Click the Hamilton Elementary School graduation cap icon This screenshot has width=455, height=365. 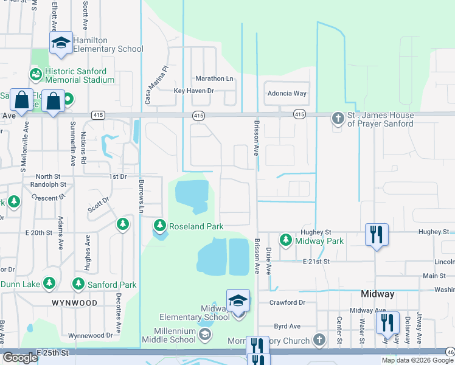pyautogui.click(x=61, y=42)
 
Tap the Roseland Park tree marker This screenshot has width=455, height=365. pyautogui.click(x=160, y=226)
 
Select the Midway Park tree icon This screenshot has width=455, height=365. pyautogui.click(x=285, y=241)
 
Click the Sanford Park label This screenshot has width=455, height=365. pyautogui.click(x=111, y=285)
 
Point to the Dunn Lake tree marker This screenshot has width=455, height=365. pyautogui.click(x=49, y=283)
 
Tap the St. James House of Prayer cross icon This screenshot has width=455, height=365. pyautogui.click(x=338, y=119)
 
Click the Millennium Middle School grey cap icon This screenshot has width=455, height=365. pyautogui.click(x=206, y=334)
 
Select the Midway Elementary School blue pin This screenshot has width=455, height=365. pyautogui.click(x=238, y=301)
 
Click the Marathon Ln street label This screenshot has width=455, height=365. pyautogui.click(x=214, y=79)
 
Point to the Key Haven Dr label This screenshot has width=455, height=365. pyautogui.click(x=194, y=91)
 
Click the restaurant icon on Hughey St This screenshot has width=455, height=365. pyautogui.click(x=376, y=234)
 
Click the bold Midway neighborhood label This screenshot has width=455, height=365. pyautogui.click(x=378, y=294)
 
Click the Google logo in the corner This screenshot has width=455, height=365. pyautogui.click(x=19, y=358)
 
